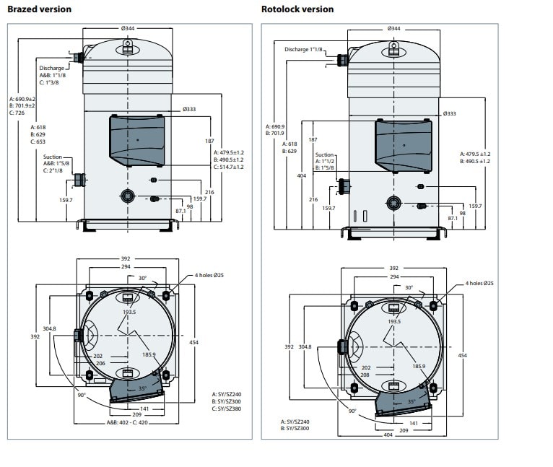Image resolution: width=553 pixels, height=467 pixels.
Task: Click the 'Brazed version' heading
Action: tap(39, 9)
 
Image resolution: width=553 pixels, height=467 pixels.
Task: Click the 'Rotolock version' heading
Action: tap(297, 9)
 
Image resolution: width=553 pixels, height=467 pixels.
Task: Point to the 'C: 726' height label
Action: tap(17, 113)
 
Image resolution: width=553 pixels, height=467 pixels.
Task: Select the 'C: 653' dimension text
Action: tap(38, 142)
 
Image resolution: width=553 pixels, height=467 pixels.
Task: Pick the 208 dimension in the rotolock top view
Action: tap(366, 375)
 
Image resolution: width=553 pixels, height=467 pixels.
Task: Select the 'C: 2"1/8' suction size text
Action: tap(55, 170)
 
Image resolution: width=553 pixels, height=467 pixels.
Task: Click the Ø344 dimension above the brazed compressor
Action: tap(128, 28)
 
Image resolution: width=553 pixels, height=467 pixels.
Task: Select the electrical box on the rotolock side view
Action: tap(403, 144)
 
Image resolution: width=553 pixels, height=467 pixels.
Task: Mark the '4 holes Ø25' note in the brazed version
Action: tap(210, 276)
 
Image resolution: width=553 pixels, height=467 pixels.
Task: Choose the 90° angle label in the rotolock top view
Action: tap(352, 411)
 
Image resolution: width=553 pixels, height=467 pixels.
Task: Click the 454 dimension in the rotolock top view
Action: tap(462, 356)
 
